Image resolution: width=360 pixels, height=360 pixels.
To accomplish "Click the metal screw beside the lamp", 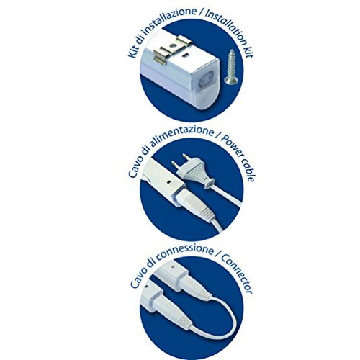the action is [230, 67].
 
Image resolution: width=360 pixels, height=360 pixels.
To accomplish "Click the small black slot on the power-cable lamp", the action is [168, 181].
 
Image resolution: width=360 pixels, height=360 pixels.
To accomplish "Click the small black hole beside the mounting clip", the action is [185, 55].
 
